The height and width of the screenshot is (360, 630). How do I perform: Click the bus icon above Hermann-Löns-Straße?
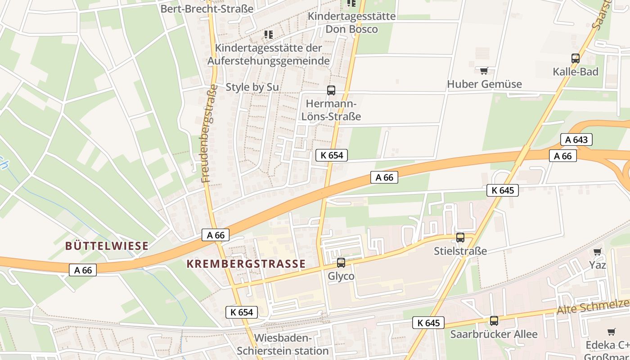click(331, 90)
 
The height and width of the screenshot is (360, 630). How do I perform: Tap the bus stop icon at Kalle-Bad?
click(575, 58)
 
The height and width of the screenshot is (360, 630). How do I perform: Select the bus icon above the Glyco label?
click(341, 263)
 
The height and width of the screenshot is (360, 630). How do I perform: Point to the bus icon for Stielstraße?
click(460, 238)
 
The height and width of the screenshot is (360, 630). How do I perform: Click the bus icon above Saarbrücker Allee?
click(494, 321)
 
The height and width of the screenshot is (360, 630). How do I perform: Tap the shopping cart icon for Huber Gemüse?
click(484, 71)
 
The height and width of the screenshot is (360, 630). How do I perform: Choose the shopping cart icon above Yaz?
click(597, 252)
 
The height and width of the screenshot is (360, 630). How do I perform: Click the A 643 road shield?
click(576, 139)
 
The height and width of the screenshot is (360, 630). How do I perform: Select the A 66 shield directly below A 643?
click(562, 156)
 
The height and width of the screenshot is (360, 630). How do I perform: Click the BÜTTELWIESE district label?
click(107, 246)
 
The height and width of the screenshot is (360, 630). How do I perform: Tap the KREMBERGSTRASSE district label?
click(246, 264)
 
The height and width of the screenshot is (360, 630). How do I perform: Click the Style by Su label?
click(252, 87)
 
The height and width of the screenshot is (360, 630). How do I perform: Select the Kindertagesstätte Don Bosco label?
click(351, 22)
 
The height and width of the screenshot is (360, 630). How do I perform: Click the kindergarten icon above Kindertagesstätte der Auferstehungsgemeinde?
click(269, 35)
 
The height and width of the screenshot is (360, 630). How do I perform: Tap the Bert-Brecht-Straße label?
click(207, 8)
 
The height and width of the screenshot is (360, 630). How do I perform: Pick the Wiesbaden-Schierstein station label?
click(283, 344)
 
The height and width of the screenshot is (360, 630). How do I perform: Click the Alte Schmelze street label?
click(593, 307)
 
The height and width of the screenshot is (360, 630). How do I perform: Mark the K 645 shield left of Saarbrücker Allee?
click(428, 323)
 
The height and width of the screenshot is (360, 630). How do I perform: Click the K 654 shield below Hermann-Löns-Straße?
click(332, 155)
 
